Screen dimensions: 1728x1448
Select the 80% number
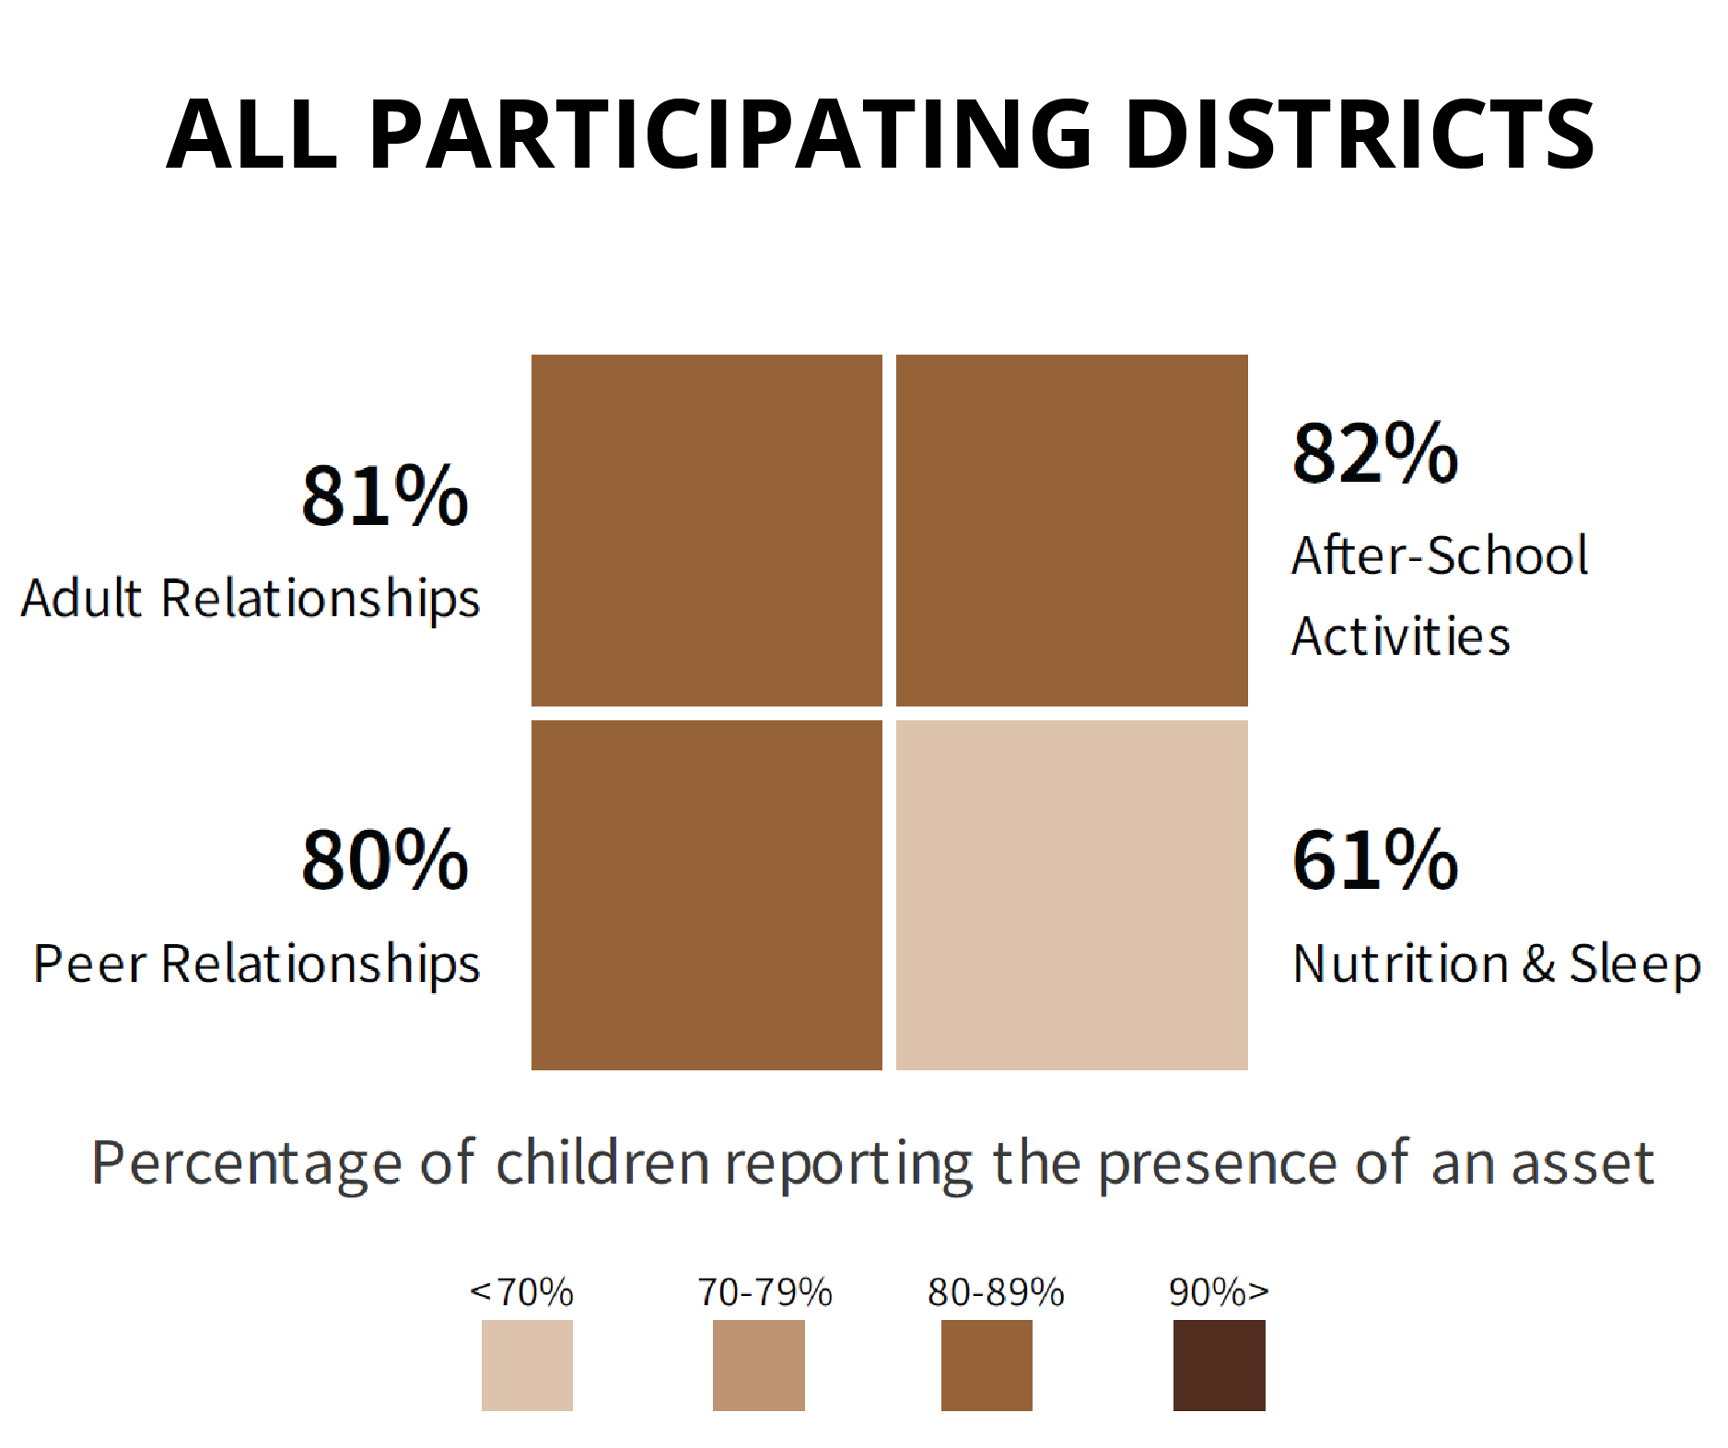385,859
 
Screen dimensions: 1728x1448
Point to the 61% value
1375,859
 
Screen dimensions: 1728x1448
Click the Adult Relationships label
251,600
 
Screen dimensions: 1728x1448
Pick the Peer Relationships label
257,965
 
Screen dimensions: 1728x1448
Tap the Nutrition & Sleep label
1497,965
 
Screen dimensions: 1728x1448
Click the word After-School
1440,555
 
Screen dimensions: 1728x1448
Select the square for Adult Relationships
706,531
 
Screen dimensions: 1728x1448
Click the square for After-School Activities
1072,531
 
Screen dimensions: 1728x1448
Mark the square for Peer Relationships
706,895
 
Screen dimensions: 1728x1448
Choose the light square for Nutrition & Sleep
1072,895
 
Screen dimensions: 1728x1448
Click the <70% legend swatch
527,1365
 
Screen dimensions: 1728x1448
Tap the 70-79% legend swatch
759,1365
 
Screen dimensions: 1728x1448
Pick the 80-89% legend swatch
987,1365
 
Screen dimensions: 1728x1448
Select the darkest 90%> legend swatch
1220,1365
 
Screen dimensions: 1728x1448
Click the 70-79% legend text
765,1292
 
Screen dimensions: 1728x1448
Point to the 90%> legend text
1220,1292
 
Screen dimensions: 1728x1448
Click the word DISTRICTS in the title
1360,134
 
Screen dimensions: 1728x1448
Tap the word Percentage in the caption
247,1163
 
